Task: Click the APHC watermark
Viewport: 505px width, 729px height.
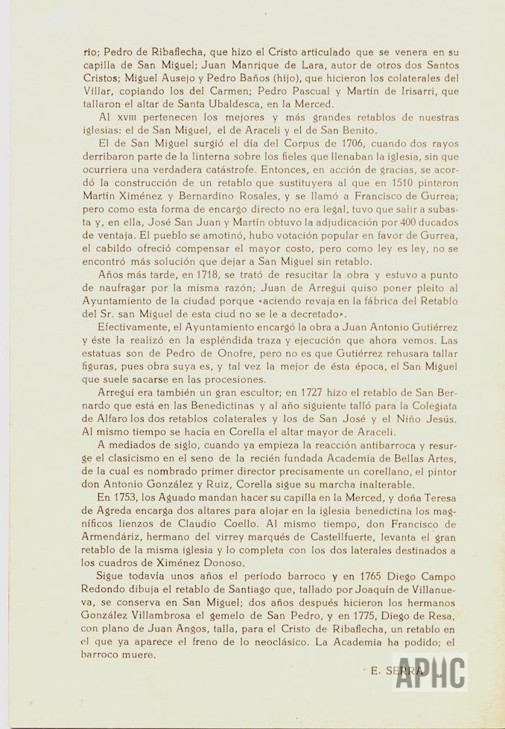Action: (431, 673)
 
